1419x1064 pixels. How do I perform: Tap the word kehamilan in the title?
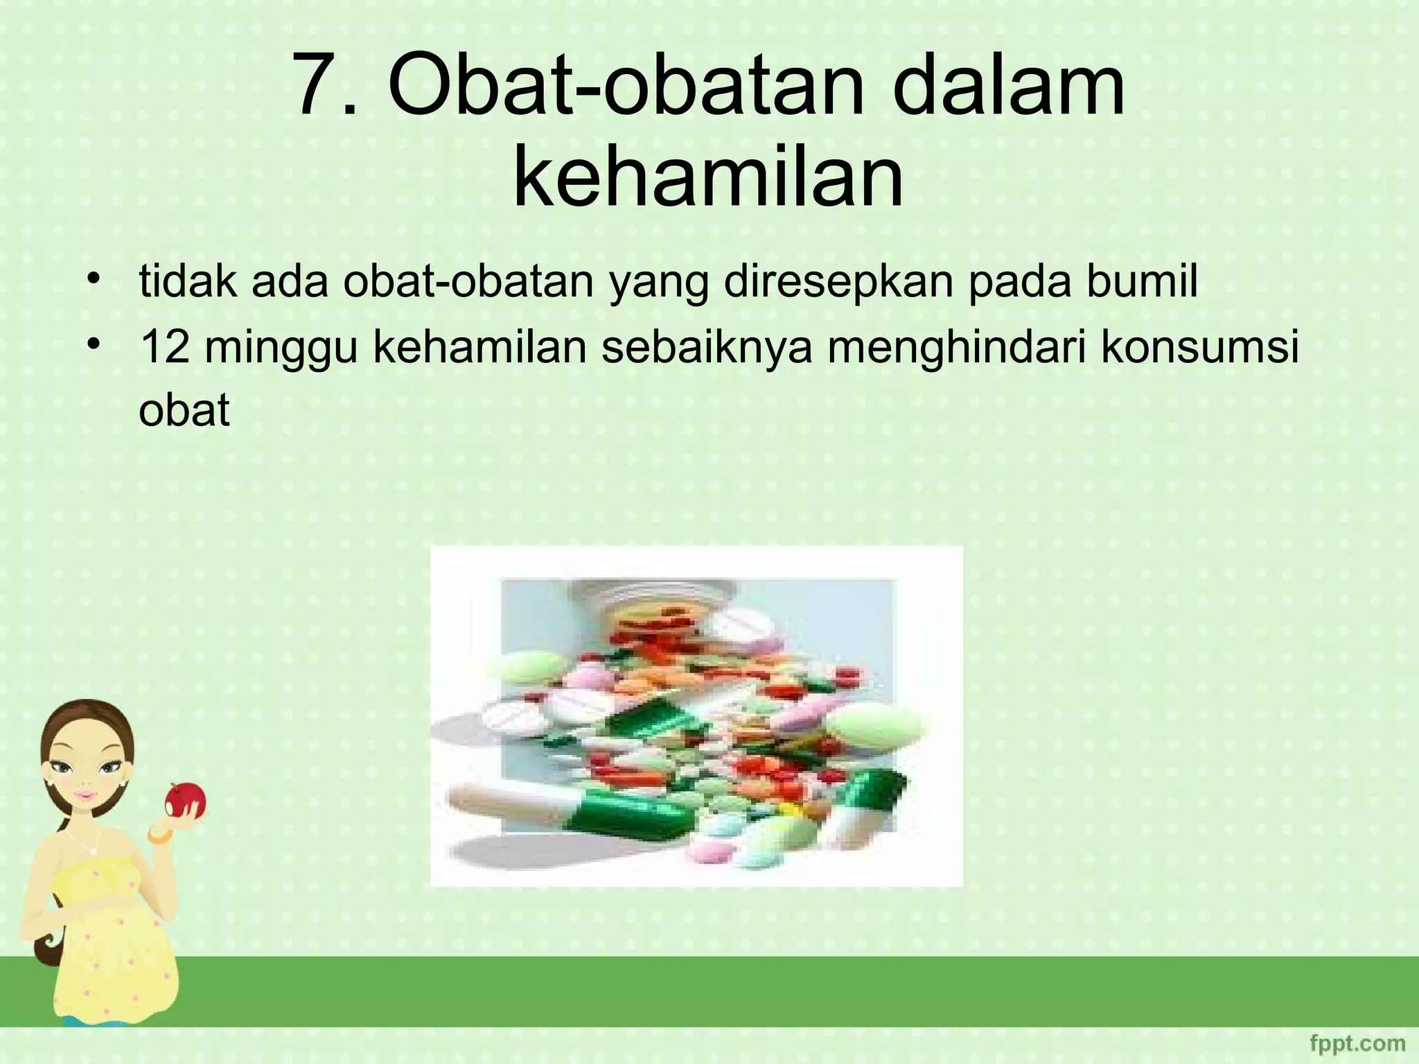[x=708, y=175]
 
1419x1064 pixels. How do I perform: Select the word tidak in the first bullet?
[x=188, y=282]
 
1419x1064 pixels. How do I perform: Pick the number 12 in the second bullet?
[x=165, y=348]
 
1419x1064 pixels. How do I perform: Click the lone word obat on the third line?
[x=184, y=411]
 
